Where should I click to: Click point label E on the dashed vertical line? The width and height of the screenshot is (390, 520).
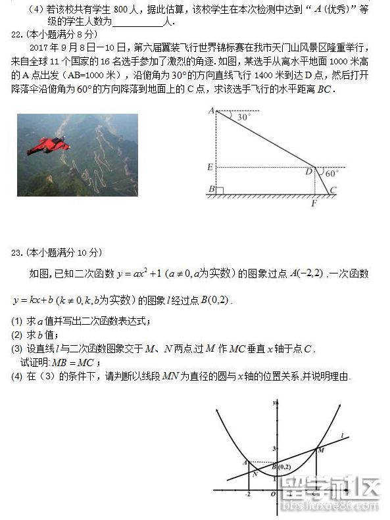(x=210, y=167)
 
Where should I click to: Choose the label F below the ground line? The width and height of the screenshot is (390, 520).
(x=314, y=203)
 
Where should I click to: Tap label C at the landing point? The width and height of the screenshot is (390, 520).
(x=333, y=191)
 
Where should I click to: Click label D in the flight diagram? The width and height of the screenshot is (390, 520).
(x=308, y=172)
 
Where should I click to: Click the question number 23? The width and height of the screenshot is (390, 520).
(x=17, y=252)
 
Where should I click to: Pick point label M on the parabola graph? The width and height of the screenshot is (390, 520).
(x=321, y=450)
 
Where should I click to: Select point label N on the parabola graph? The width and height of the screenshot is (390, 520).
(x=255, y=473)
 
